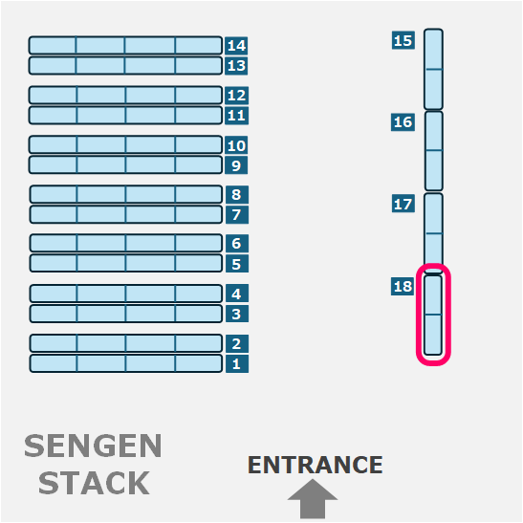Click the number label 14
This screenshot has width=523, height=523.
pos(236,45)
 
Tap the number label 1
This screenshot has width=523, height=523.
pos(237,363)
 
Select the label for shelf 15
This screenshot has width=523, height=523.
pos(403,40)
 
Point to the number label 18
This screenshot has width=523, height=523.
pos(403,286)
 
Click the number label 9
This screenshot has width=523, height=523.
pos(236,165)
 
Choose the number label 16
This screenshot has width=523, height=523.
pos(403,122)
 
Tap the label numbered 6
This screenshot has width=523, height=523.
pos(237,243)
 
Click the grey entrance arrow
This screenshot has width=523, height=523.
pos(313,499)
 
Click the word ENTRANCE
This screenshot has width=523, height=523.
pos(316,465)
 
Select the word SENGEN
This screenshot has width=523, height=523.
pos(93,446)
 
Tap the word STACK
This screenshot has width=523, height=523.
pos(94,483)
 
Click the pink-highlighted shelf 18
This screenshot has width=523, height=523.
pos(433,315)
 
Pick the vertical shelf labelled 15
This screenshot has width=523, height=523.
pos(434,69)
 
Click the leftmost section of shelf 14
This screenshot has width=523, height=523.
pos(53,45)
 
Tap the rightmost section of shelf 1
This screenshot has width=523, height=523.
pos(199,363)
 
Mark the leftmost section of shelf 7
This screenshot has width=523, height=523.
pos(54,214)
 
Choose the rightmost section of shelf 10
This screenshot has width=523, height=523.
pos(199,144)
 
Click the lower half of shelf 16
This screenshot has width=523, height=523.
pos(434,170)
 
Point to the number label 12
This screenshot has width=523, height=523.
pos(236,96)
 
